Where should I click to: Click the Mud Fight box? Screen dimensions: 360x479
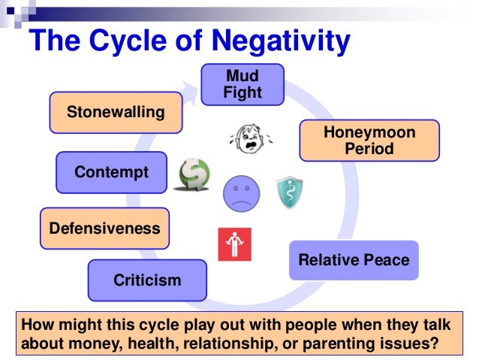pos(243,84)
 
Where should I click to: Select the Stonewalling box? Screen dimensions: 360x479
pos(116,113)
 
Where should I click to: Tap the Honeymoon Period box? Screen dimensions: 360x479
pos(369,141)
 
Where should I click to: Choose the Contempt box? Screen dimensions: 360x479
pos(111,172)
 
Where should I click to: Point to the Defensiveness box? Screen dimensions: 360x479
pos(104,228)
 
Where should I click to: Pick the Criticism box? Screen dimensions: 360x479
pos(147,280)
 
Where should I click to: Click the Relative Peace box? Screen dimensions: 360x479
pos(354,260)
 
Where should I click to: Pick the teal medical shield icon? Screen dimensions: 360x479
pos(289,192)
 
